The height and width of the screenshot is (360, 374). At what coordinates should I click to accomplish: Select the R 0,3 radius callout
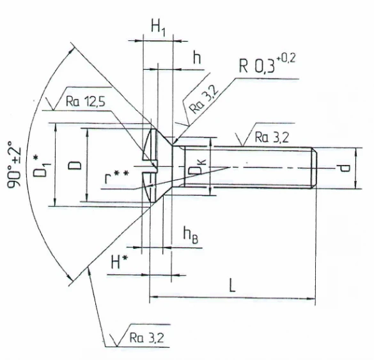257,66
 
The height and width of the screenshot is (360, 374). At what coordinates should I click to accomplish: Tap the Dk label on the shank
201,168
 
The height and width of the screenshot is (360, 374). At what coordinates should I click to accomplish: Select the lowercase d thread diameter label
344,168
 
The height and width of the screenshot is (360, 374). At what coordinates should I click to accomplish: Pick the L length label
231,285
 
